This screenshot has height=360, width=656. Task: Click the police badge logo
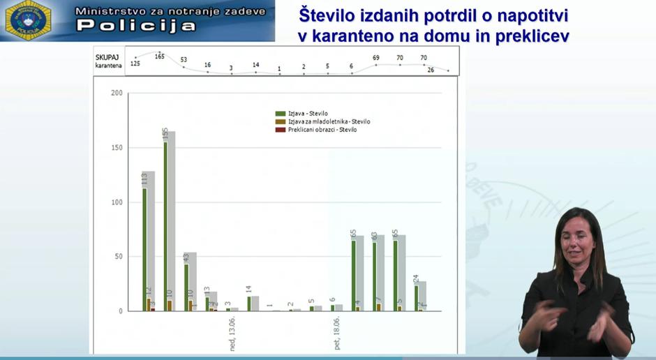pyautogui.click(x=28, y=20)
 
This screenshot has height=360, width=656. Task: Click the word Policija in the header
pyautogui.click(x=136, y=26)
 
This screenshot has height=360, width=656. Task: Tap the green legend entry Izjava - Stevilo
pyautogui.click(x=308, y=113)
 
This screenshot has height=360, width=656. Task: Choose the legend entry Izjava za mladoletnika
pyautogui.click(x=329, y=121)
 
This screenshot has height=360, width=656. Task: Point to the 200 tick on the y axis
pyautogui.click(x=117, y=93)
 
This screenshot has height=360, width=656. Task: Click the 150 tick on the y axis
pyautogui.click(x=117, y=148)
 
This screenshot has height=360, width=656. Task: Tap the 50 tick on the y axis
pyautogui.click(x=118, y=257)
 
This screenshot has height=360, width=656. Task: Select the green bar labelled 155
pyautogui.click(x=165, y=223)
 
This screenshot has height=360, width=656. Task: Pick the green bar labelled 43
pyautogui.click(x=186, y=286)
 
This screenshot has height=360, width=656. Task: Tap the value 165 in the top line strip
pyautogui.click(x=160, y=56)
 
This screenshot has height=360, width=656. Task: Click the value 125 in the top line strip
pyautogui.click(x=135, y=64)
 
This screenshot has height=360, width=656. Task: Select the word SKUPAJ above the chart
pyautogui.click(x=107, y=57)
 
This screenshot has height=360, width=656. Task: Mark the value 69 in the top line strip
pyautogui.click(x=376, y=58)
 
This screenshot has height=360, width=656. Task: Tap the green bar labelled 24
pyautogui.click(x=417, y=298)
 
